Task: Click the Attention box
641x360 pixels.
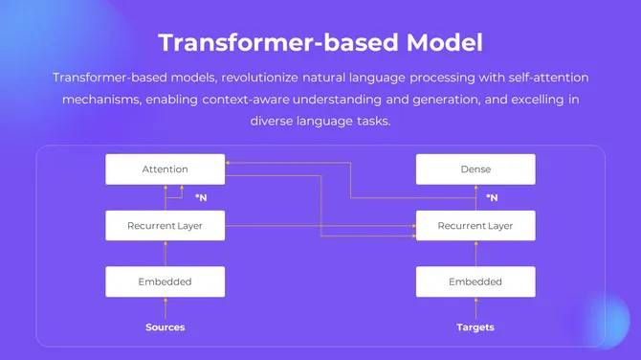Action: [166, 169]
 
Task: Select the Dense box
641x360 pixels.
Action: [475, 169]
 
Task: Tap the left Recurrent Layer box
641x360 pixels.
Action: [166, 226]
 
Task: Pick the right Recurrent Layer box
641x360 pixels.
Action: [475, 226]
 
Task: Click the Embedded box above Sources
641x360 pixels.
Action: [166, 281]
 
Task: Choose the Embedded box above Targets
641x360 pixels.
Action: [475, 281]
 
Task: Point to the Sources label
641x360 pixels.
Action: [166, 327]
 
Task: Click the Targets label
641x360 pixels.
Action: [475, 327]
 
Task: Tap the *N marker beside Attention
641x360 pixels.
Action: [201, 198]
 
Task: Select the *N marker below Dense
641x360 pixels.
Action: [492, 198]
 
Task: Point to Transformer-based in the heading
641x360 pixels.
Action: [267, 43]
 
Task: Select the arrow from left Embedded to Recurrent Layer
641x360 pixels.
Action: [166, 254]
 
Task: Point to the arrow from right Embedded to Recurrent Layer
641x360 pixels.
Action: [475, 254]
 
